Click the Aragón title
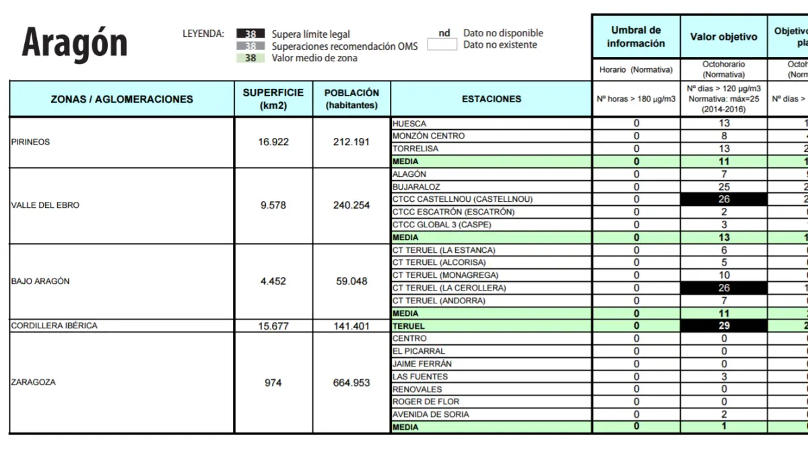(75, 43)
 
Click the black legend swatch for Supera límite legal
(250, 34)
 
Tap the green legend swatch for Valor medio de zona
(250, 58)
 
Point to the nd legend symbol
(444, 33)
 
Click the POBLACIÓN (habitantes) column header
(351, 99)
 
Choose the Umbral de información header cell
(636, 37)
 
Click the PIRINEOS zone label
(31, 142)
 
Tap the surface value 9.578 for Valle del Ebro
(273, 205)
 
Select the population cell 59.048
(351, 281)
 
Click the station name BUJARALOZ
(417, 187)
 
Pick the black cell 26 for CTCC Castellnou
(724, 199)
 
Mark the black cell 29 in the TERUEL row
(724, 326)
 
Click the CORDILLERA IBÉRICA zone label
(55, 326)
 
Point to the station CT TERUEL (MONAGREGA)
(446, 275)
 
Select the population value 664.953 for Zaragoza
(351, 383)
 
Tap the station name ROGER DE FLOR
(426, 402)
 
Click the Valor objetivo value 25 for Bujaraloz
(724, 187)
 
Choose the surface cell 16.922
(273, 142)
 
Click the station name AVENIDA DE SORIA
(431, 414)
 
